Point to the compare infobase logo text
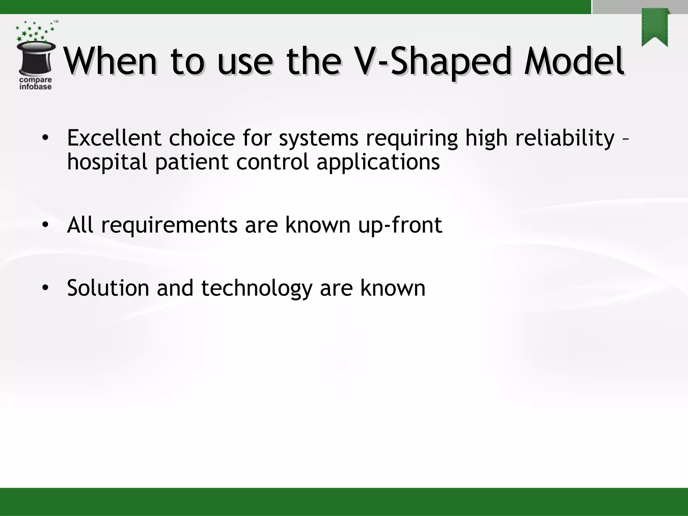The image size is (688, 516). [35, 83]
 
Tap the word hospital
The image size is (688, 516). [107, 162]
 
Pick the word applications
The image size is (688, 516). [378, 162]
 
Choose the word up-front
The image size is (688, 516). [400, 225]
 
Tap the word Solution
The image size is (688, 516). [108, 288]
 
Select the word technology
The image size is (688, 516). [257, 288]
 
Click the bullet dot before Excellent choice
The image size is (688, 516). [45, 138]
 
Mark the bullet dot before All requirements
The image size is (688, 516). [45, 225]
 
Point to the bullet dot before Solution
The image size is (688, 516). [45, 288]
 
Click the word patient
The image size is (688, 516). [192, 162]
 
